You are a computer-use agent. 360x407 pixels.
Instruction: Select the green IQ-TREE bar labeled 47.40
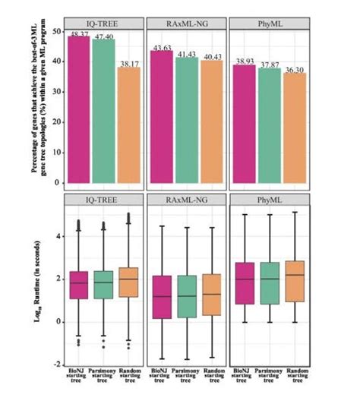coord(103,112)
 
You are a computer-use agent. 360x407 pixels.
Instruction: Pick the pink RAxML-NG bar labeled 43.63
coord(162,117)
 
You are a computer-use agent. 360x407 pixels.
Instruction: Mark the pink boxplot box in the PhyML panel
coord(244,283)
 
